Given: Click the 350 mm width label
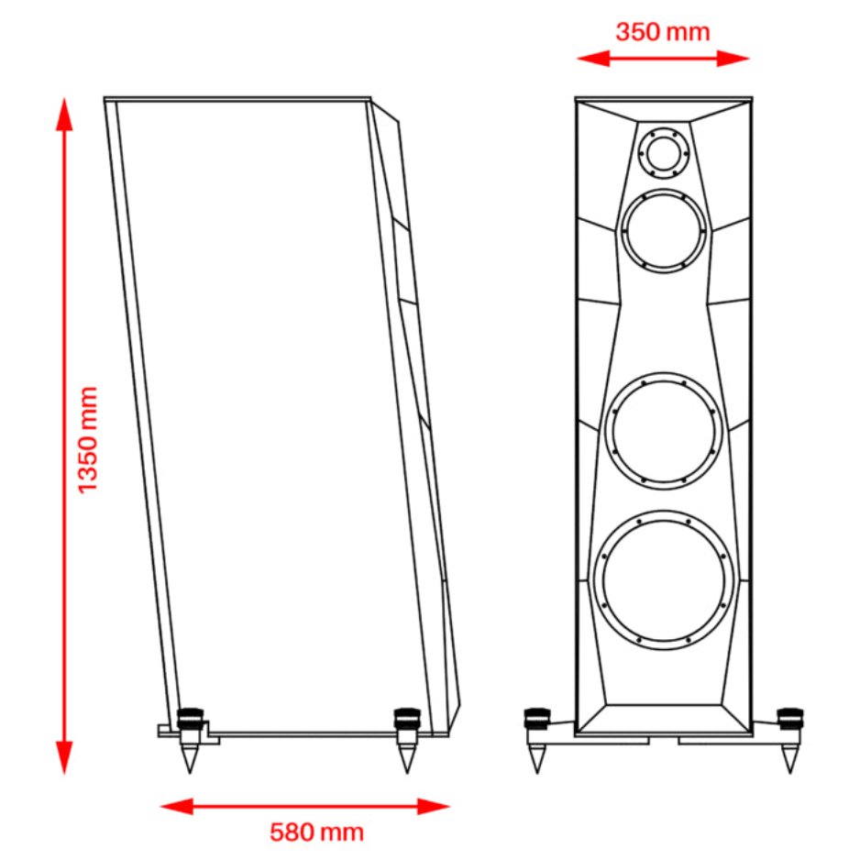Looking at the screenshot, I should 662,32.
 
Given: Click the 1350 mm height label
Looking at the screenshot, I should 88,439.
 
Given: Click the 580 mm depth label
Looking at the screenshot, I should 316,832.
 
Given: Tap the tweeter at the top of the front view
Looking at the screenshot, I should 663,151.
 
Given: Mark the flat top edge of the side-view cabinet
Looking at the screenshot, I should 237,97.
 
